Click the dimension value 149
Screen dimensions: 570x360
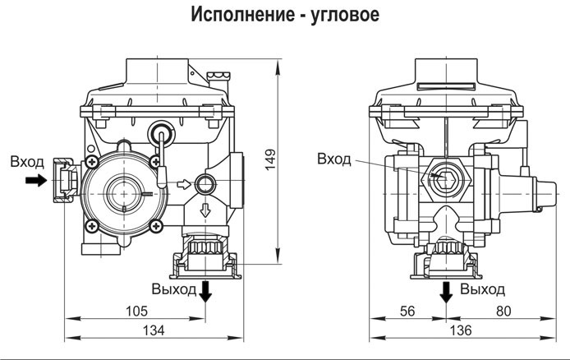point(270,159)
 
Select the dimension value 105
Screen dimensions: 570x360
point(136,312)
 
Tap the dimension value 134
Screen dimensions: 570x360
point(154,330)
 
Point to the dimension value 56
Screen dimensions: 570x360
point(407,312)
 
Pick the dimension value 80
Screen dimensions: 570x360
point(503,312)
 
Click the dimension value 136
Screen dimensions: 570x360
point(461,330)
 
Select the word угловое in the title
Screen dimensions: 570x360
point(345,16)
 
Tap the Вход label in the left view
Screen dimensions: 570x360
point(27,162)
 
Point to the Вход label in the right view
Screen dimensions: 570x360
point(334,159)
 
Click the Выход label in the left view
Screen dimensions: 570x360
point(174,289)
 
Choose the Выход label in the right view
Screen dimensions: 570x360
point(482,289)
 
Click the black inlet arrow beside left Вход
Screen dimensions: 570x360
point(36,180)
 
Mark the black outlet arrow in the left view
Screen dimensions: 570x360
point(206,291)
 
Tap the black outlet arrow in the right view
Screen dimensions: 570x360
point(446,293)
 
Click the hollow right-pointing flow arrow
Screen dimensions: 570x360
point(184,184)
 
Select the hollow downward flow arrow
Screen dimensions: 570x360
point(206,210)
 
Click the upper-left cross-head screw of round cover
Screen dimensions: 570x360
point(92,162)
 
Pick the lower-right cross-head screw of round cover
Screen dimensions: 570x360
point(156,226)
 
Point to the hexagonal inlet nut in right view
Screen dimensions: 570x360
point(445,179)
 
